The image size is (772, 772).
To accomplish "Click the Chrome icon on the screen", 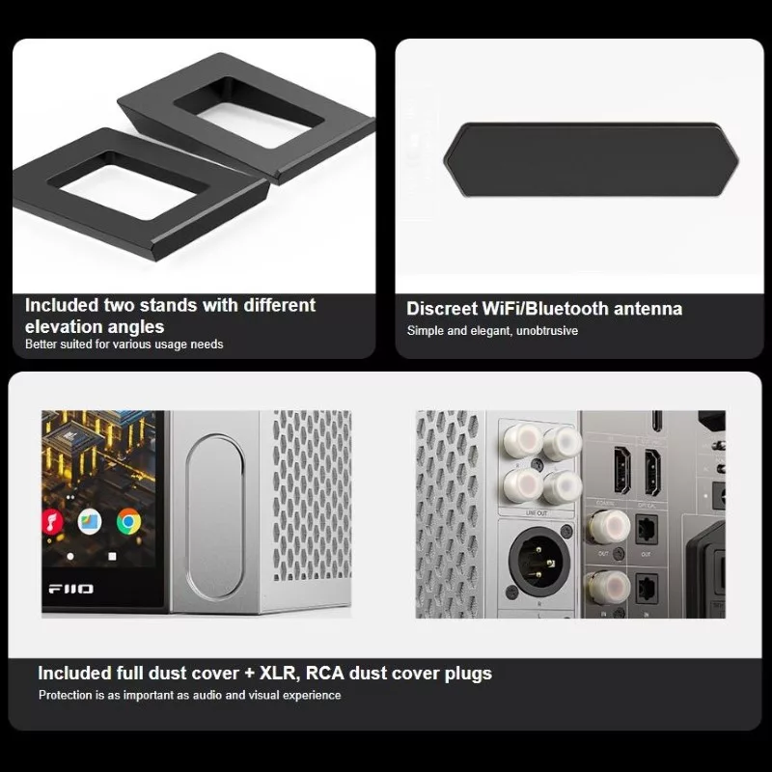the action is point(128,522).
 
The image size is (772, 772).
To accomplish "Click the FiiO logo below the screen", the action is point(70,589).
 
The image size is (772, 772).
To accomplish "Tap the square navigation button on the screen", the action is point(112,557).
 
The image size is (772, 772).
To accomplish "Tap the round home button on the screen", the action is point(70,557).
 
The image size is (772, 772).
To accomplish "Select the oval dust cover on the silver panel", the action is point(214,517).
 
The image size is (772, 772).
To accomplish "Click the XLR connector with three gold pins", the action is point(539,560).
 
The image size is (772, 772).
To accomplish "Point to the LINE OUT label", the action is point(537,513).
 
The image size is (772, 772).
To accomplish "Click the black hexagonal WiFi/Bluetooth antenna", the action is point(591,159).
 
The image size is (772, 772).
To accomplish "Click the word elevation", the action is point(63,327).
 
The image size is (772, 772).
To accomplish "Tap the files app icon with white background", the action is point(90,522).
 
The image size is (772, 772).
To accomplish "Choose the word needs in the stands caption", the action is point(209,345).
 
